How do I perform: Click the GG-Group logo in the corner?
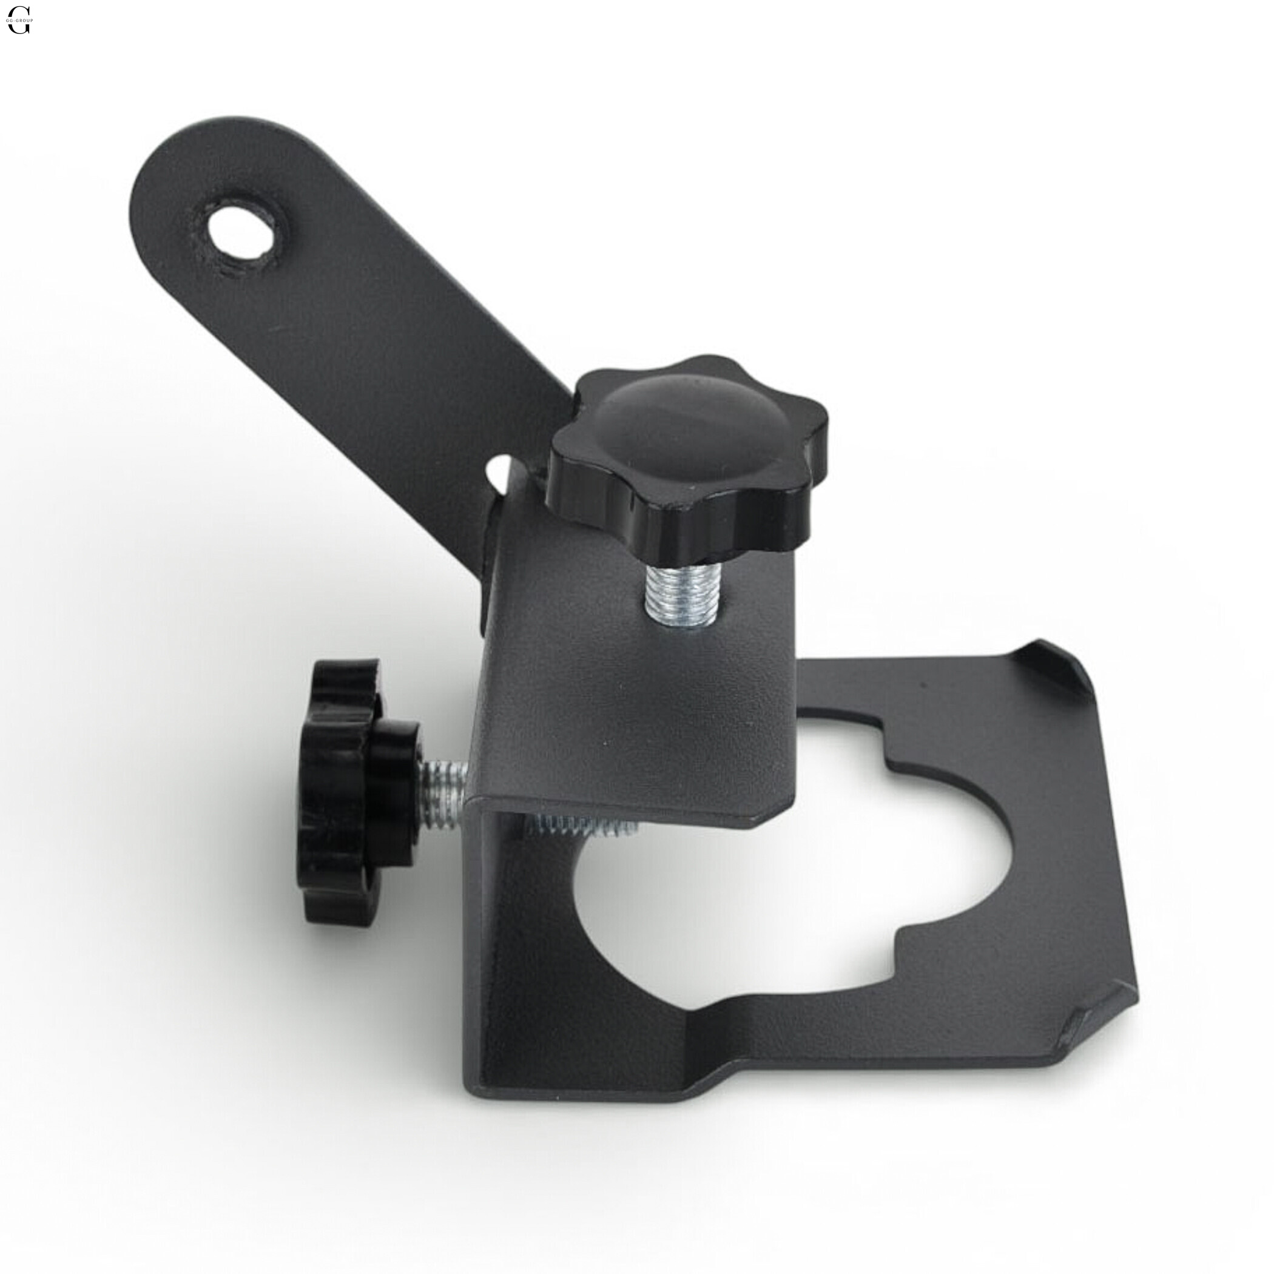(x=18, y=20)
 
